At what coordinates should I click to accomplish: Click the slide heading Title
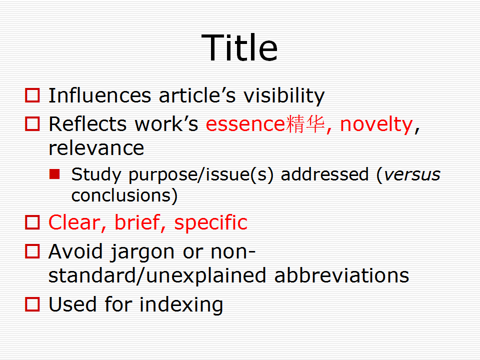(x=239, y=47)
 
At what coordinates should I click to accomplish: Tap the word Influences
(x=100, y=95)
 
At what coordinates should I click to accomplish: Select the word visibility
(x=284, y=96)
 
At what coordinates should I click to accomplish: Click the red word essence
(x=245, y=125)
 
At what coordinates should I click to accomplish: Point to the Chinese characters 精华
(x=305, y=124)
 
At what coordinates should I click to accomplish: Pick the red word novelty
(x=376, y=125)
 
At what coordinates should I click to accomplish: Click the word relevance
(x=96, y=148)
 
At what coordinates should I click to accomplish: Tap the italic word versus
(x=412, y=175)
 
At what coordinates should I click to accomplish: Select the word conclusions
(x=120, y=195)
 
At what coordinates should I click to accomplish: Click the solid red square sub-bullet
(x=54, y=174)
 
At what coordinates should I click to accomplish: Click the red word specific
(x=210, y=223)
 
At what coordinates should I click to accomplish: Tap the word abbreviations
(x=341, y=275)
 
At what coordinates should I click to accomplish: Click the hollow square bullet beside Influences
(x=32, y=95)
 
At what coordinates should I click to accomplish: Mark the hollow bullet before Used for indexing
(x=32, y=304)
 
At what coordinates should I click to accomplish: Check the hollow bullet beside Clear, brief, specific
(x=32, y=222)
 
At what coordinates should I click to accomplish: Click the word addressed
(x=324, y=174)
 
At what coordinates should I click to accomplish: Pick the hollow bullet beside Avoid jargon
(x=32, y=251)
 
